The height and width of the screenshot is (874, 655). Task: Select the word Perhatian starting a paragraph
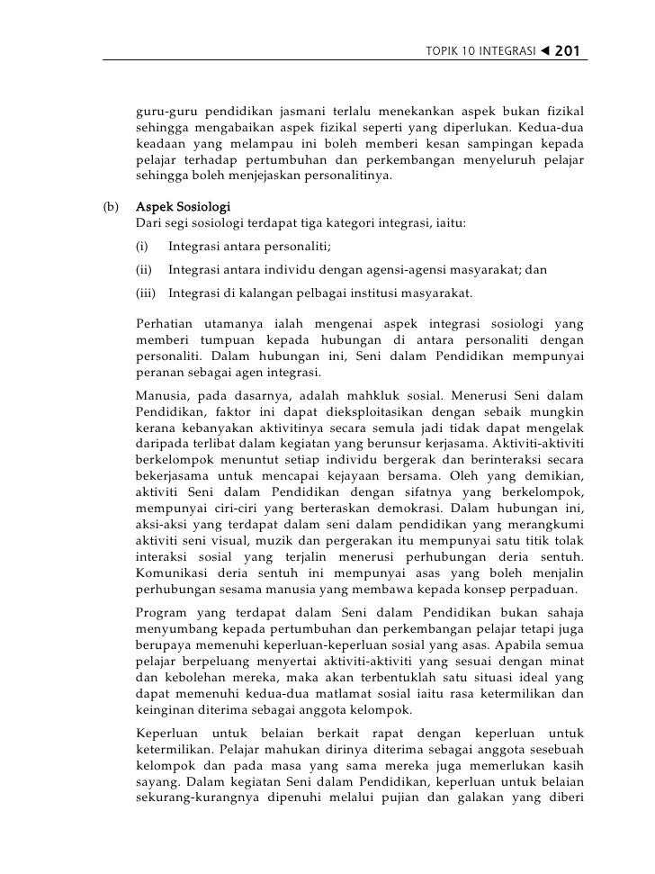point(165,323)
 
